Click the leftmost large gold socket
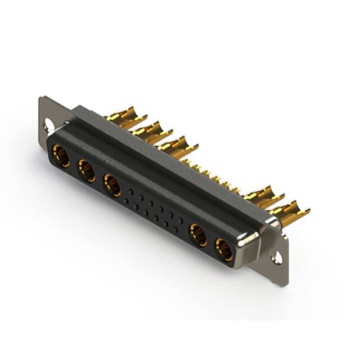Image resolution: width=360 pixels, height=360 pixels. pos(61,155)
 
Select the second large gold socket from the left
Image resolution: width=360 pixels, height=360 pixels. pos(87,170)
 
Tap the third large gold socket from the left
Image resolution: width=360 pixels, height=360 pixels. pos(112,185)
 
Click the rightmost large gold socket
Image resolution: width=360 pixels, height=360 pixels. pos(224,249)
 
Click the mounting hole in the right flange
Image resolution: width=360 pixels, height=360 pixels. pos(277,258)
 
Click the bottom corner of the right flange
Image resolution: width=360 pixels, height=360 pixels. pos(285,284)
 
